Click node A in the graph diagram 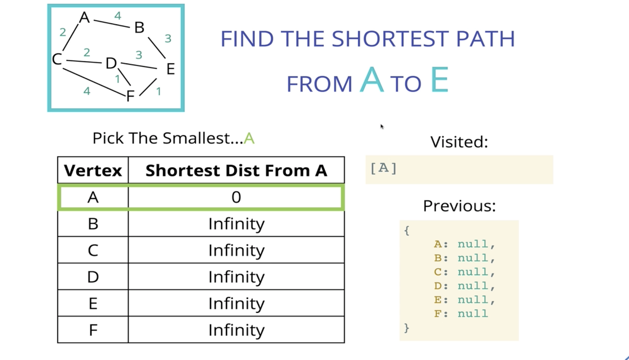point(84,18)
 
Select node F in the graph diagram point(131,96)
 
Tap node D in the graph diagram point(111,64)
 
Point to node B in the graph point(139,28)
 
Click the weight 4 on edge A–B point(118,16)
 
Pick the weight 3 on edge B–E point(168,39)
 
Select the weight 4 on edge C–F point(87,91)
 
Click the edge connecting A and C point(70,39)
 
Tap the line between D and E point(138,66)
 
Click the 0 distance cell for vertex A point(236,197)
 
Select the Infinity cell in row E point(236,303)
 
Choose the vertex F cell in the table point(93,330)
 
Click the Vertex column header point(93,171)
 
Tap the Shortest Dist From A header point(236,171)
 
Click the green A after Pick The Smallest point(249,138)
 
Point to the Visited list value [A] point(384,168)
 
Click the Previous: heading point(459,206)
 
